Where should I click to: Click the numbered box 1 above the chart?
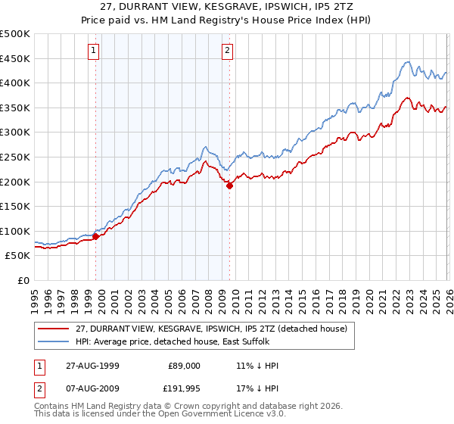pyautogui.click(x=93, y=51)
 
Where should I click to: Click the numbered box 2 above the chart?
pyautogui.click(x=227, y=51)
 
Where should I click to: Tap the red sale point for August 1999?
pyautogui.click(x=96, y=236)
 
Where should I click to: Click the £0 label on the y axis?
pyautogui.click(x=24, y=280)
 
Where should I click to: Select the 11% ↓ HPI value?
pyautogui.click(x=257, y=366)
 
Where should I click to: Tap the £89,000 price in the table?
pyautogui.click(x=185, y=366)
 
